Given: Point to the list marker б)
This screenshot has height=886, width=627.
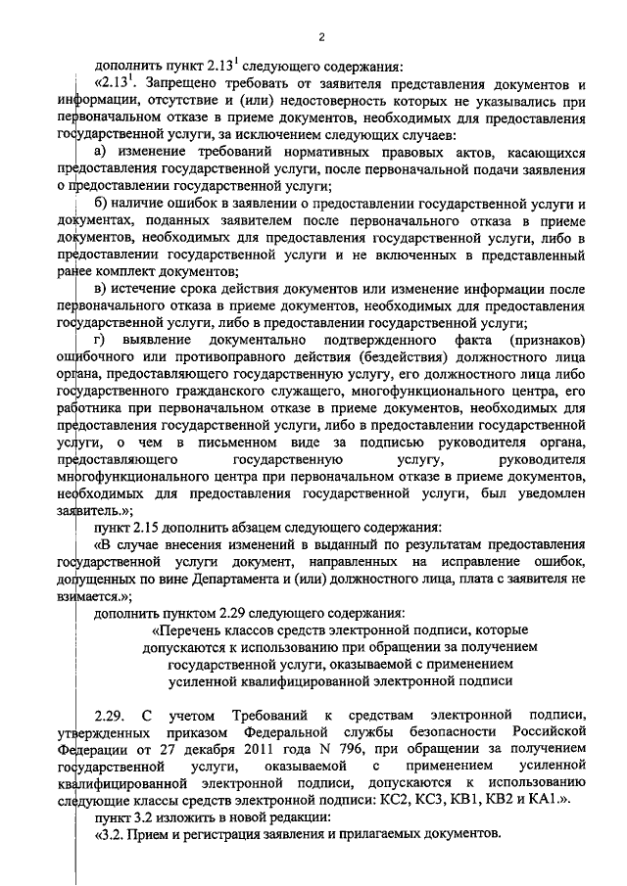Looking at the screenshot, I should tap(99, 203).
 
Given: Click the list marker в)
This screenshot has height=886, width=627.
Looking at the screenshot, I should tap(99, 289).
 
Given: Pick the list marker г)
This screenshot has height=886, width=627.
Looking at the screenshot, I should tap(99, 340).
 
